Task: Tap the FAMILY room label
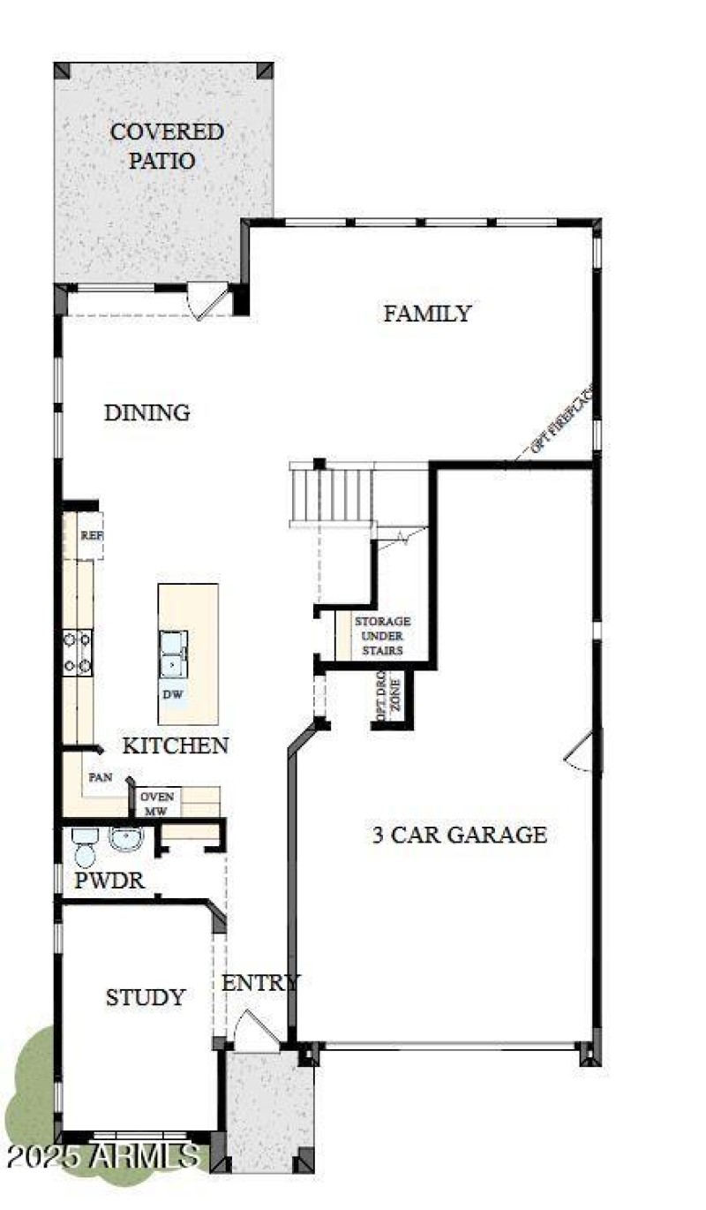[427, 314]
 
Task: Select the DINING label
[146, 412]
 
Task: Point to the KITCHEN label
[175, 745]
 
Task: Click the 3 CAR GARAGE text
[459, 835]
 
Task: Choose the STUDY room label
[146, 998]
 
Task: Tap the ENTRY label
[259, 983]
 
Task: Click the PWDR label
[109, 881]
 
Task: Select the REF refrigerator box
[90, 536]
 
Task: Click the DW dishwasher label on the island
[173, 694]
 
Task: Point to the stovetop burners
[77, 653]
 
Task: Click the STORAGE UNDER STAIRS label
[382, 636]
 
